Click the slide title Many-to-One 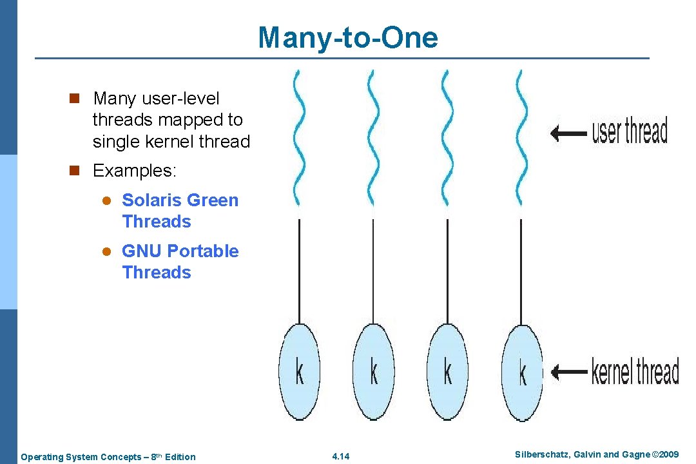(347, 37)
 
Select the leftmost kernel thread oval (299, 372)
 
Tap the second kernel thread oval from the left (373, 372)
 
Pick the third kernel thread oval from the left (447, 372)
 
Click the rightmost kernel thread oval (522, 372)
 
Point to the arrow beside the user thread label (568, 133)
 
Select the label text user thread (630, 131)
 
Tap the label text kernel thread (635, 372)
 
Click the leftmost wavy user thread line (297, 139)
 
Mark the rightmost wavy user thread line (519, 139)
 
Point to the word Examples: (134, 171)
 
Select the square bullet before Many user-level (74, 99)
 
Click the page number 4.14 (340, 457)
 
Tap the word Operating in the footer (42, 457)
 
